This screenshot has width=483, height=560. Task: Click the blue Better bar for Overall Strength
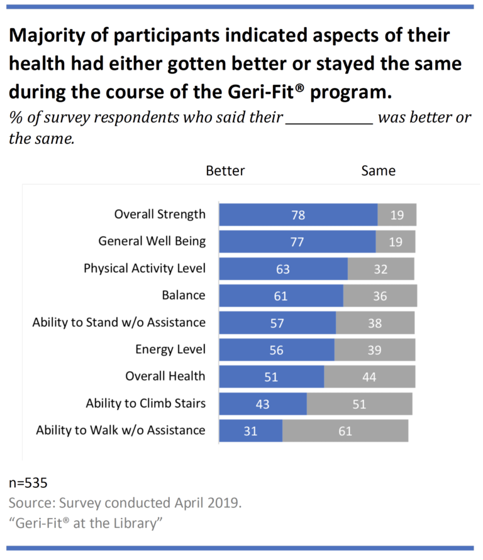point(298,215)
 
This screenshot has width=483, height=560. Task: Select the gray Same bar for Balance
point(380,296)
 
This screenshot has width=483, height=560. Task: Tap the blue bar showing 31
point(250,431)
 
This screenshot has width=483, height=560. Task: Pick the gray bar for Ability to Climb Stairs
point(359,404)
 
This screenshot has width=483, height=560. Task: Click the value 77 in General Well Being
point(297,242)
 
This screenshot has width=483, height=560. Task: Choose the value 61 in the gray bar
point(345,431)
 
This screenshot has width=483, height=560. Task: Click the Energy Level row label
point(170,349)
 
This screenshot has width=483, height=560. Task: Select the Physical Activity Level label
point(145,268)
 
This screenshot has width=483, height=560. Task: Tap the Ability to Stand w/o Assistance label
point(119,322)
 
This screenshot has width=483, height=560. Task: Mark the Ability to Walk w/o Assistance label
point(121,430)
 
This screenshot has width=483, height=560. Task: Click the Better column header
point(225,170)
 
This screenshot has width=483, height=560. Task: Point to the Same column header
point(378,170)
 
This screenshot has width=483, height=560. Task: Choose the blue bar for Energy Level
point(277,350)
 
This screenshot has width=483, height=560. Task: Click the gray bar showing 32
point(380,269)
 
